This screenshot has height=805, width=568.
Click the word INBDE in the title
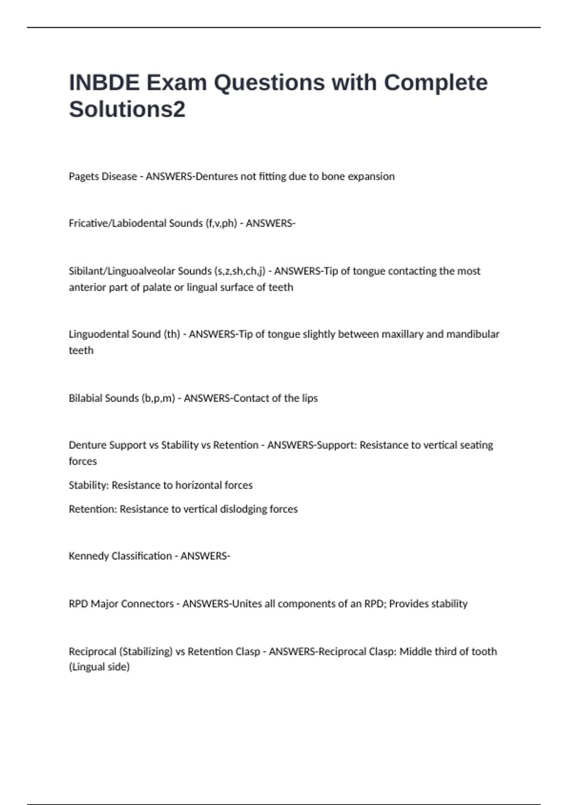pos(104,83)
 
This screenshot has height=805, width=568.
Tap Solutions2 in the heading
pos(127,109)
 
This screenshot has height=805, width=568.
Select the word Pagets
pos(84,177)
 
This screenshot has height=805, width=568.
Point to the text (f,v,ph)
pos(221,224)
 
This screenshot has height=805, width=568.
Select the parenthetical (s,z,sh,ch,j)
pos(240,271)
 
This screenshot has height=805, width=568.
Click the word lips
pos(310,398)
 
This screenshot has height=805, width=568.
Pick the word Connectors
pos(147,604)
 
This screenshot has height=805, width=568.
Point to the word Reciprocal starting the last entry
pos(92,652)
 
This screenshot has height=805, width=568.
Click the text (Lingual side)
pos(99,667)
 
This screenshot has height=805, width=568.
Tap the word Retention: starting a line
pos(92,509)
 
